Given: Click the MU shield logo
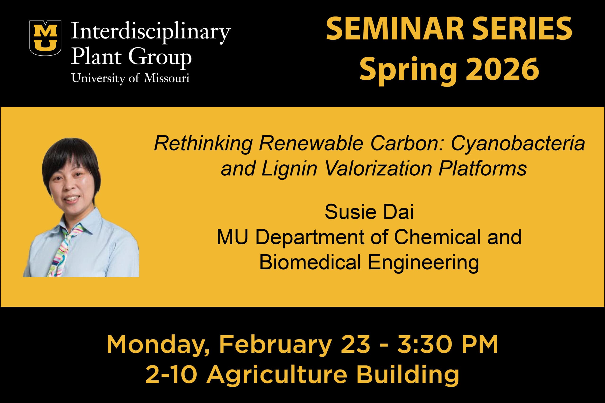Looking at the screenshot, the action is pos(46,38).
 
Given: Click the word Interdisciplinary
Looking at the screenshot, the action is pos(151,34).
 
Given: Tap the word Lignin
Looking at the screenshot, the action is pos(289,169).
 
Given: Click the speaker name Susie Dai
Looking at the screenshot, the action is pos(369,212).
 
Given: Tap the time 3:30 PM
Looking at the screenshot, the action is pos(448,345).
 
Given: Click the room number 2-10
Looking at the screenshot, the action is pos(171,375).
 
